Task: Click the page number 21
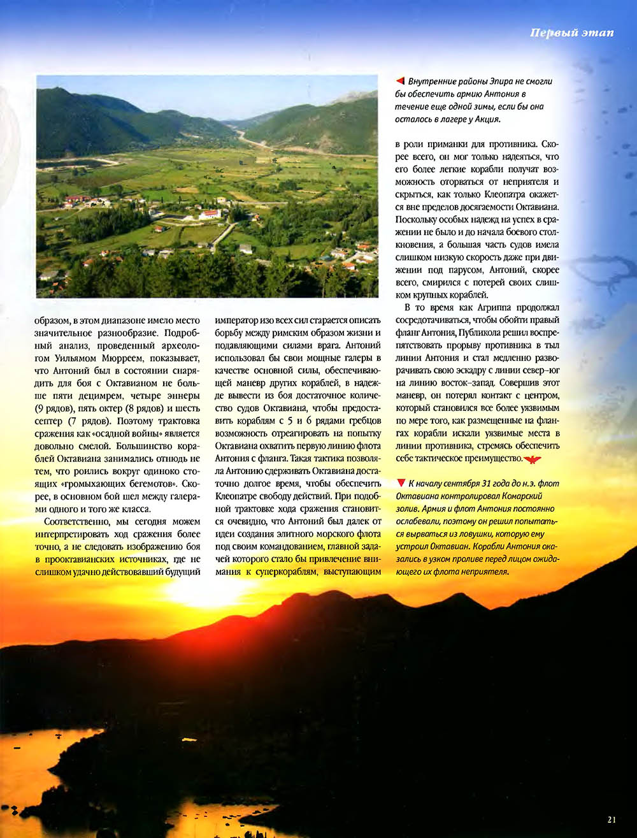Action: coord(612,820)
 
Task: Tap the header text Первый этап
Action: coord(571,33)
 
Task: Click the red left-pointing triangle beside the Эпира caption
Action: coord(400,81)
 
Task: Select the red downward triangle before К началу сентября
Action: coord(400,483)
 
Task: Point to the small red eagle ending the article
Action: coord(531,459)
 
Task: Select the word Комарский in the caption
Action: coord(516,496)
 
